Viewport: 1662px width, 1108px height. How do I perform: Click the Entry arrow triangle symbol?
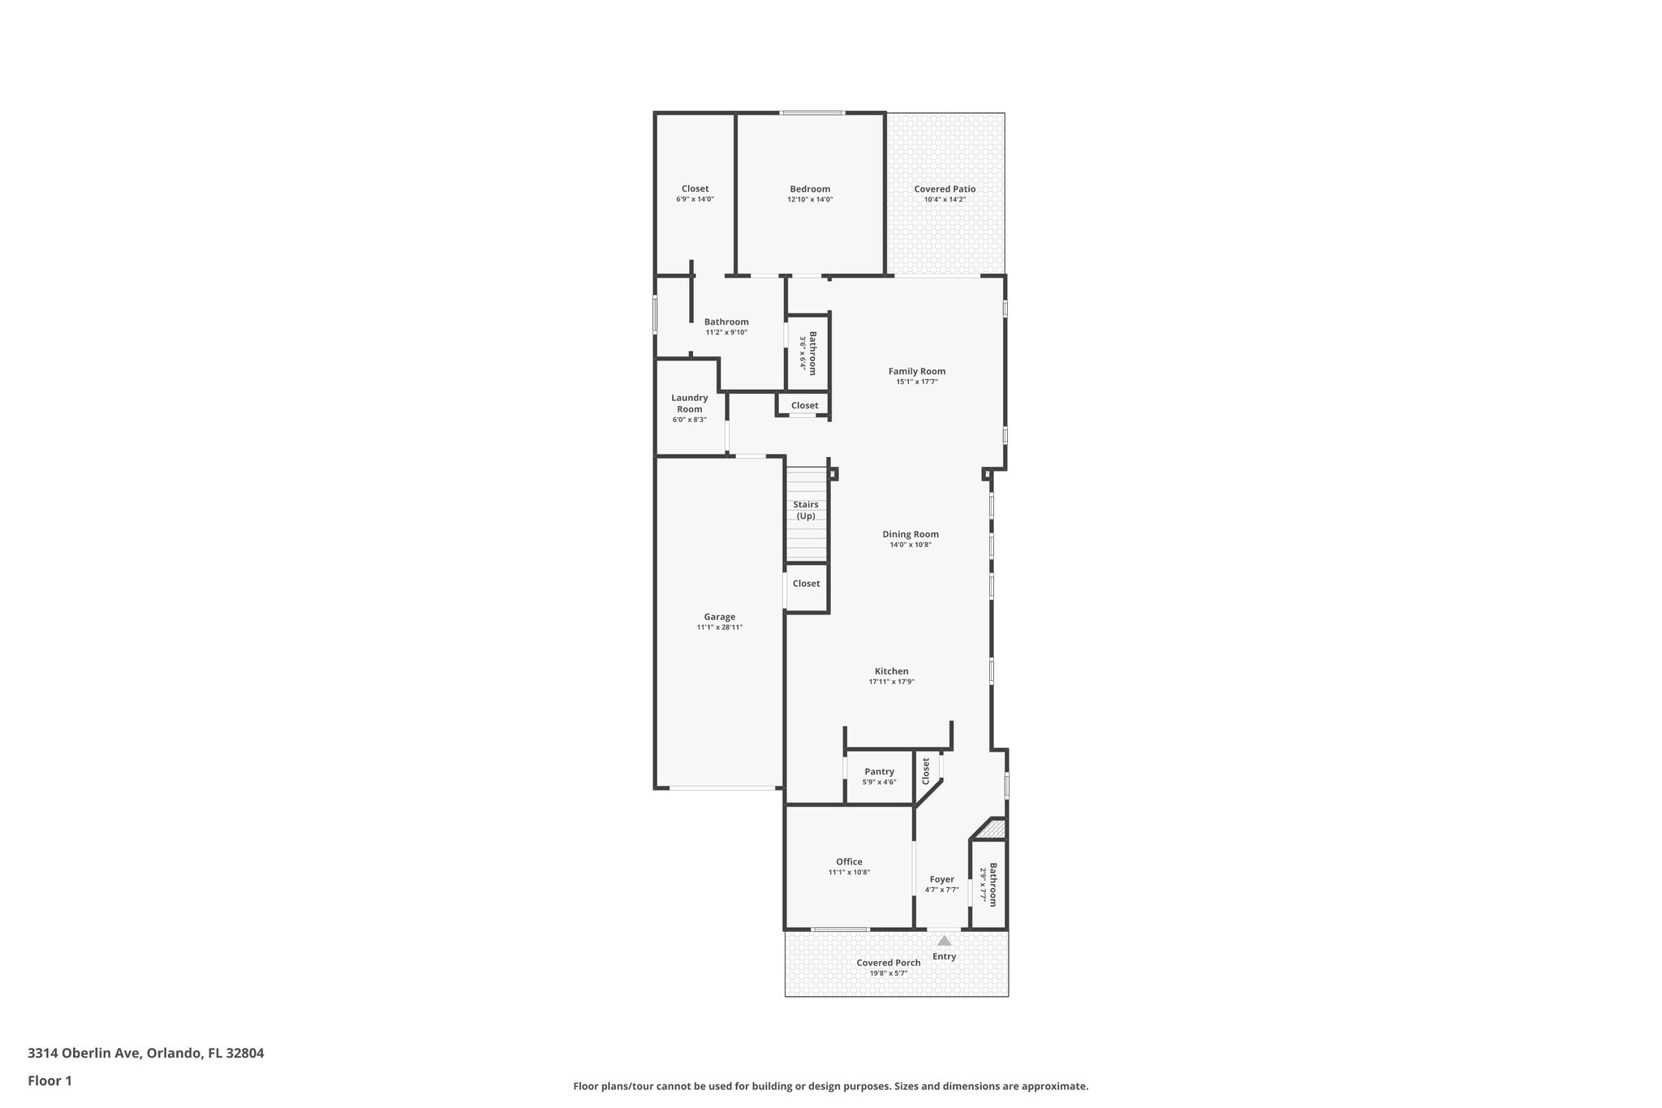point(944,941)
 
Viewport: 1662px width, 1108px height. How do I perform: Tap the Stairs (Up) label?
point(806,511)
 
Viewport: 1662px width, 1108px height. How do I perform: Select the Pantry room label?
point(879,772)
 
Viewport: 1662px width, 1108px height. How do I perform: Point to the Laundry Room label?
point(689,403)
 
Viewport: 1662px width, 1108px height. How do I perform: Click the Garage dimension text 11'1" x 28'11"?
point(719,627)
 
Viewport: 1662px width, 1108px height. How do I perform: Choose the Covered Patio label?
point(945,189)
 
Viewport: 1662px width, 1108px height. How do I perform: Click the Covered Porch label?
point(889,963)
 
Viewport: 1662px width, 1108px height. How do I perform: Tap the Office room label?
point(849,862)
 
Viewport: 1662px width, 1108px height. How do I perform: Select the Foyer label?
point(941,879)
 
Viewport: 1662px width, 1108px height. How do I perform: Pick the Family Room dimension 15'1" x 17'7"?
point(916,382)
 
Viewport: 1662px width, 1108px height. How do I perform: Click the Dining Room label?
point(911,534)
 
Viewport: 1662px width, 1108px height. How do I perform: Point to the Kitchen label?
point(891,671)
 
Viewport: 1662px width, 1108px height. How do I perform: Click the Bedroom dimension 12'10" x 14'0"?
point(810,200)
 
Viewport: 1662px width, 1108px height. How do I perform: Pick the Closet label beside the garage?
point(806,584)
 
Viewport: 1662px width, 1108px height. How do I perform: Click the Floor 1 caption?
point(50,1080)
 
